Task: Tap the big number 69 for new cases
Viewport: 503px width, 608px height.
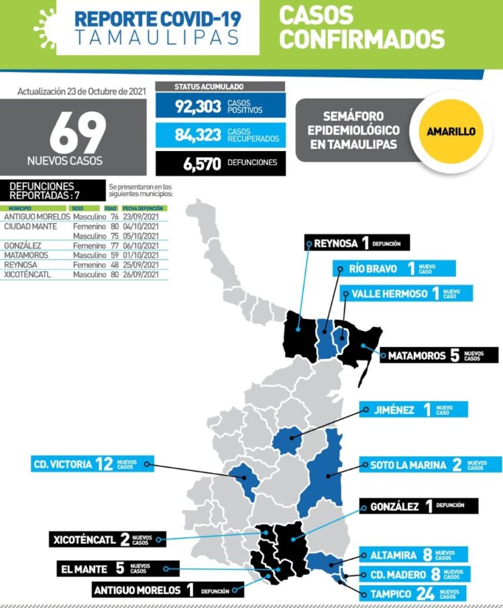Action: click(x=77, y=133)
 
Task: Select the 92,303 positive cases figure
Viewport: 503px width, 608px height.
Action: click(x=198, y=106)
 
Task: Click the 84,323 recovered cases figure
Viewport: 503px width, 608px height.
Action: click(x=198, y=135)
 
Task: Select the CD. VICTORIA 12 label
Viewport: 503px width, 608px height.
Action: click(x=91, y=464)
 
